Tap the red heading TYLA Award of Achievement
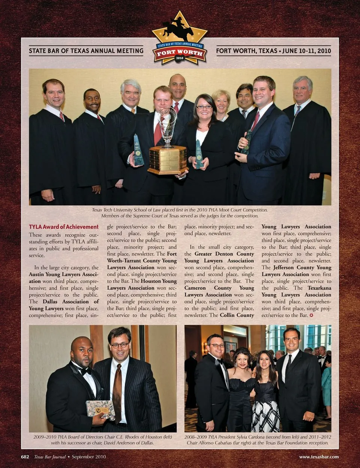pyautogui.click(x=64, y=227)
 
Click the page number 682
pyautogui.click(x=25, y=457)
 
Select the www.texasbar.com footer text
pyautogui.click(x=319, y=457)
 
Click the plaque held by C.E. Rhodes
pyautogui.click(x=100, y=409)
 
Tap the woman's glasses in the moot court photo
pyautogui.click(x=204, y=107)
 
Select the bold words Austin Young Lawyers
pyautogui.click(x=64, y=274)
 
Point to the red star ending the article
pyautogui.click(x=311, y=315)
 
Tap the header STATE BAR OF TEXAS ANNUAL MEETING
pyautogui.click(x=86, y=51)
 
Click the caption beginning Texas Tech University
pyautogui.click(x=180, y=210)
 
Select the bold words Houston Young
pyautogui.click(x=159, y=281)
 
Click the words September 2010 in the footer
pyautogui.click(x=89, y=457)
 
